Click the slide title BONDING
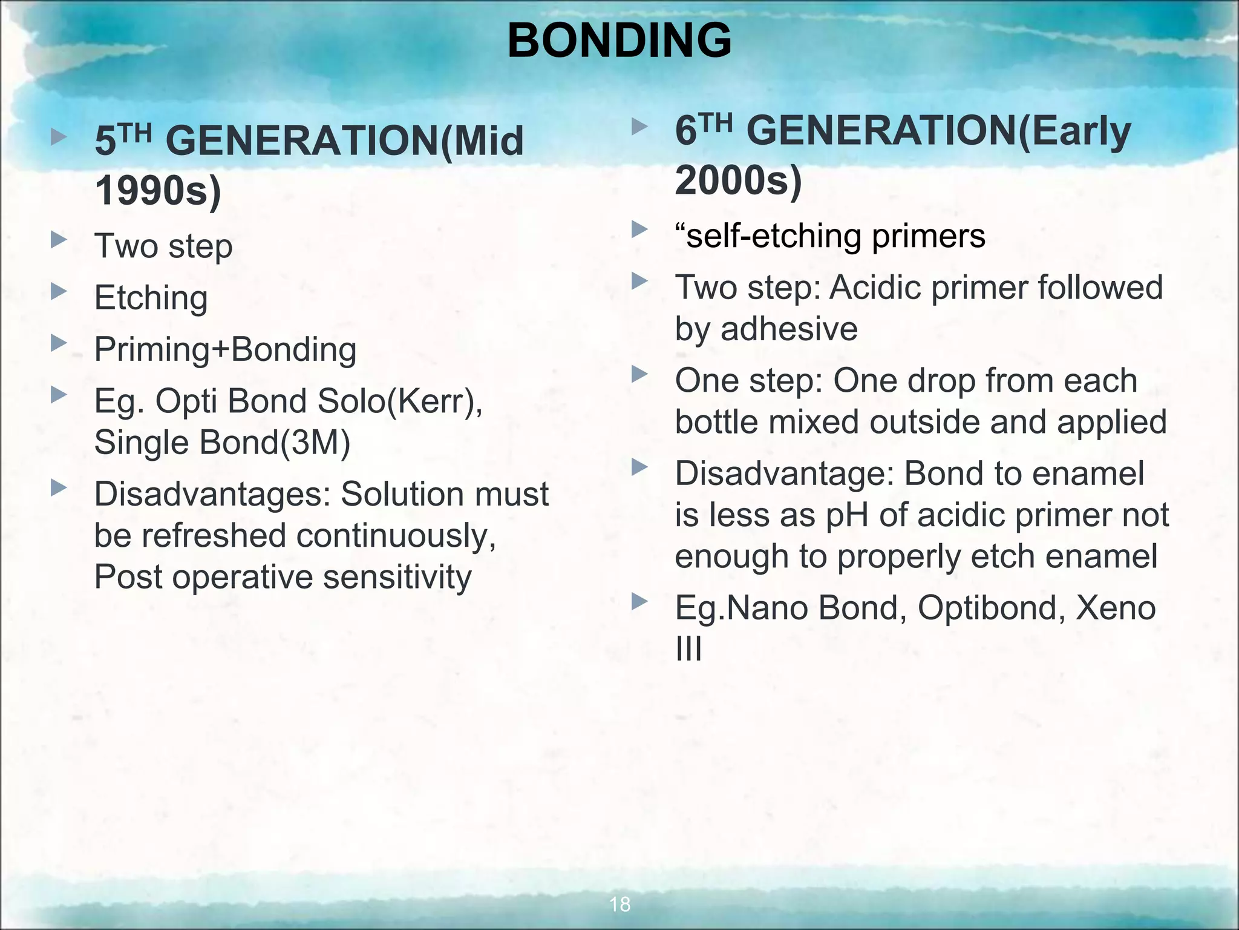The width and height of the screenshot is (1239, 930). [619, 41]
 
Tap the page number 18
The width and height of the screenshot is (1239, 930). [619, 904]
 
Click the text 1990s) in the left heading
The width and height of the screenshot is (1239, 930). [159, 191]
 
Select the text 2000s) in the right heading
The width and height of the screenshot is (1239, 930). [738, 180]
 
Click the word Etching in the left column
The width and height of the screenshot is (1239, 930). [151, 298]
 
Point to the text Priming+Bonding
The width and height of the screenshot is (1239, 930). [225, 349]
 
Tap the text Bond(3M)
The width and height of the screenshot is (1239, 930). [275, 442]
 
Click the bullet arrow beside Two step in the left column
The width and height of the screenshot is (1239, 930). [59, 240]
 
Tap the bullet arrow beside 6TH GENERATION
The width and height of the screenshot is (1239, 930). [639, 127]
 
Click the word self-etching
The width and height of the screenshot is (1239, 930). [773, 236]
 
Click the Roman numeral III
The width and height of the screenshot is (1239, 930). [688, 649]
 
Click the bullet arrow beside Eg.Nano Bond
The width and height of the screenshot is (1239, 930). [639, 601]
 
